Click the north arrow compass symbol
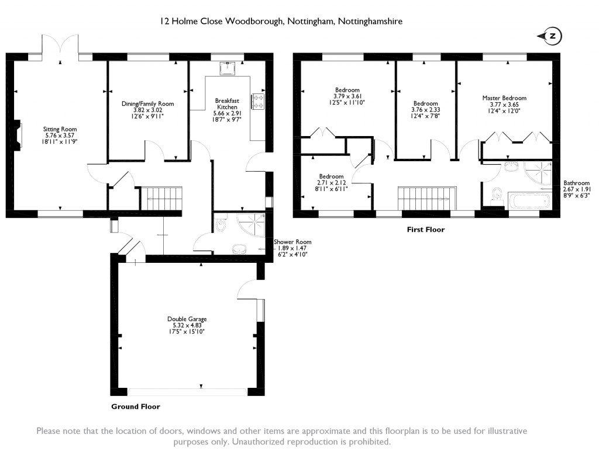(550, 36)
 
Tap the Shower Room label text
(292, 242)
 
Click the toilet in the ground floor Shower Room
(221, 225)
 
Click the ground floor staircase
(161, 198)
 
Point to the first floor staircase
(427, 198)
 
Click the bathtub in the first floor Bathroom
(529, 201)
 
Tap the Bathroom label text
(576, 183)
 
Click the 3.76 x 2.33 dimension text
(426, 110)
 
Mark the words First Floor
(426, 230)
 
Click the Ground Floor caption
(136, 407)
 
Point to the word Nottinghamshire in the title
(370, 22)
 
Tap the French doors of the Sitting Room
(60, 48)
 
